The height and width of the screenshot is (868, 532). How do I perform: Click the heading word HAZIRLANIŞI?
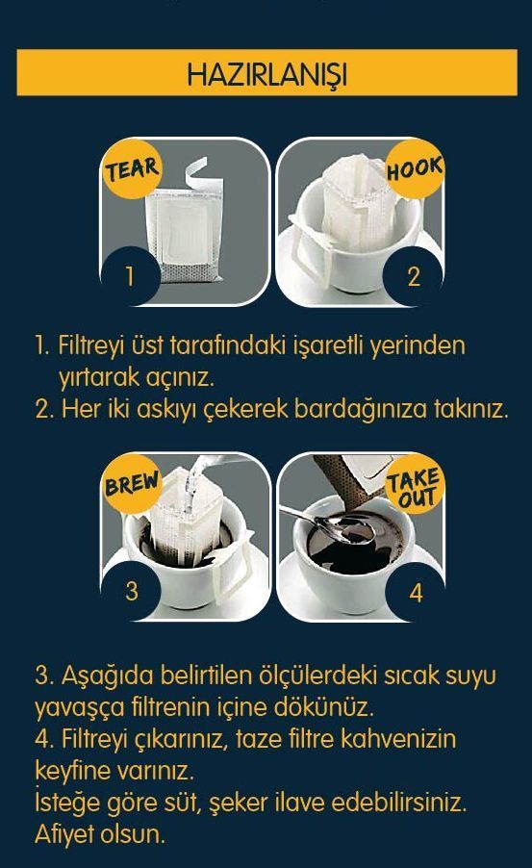(x=266, y=74)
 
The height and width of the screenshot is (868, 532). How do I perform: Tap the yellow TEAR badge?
(x=132, y=168)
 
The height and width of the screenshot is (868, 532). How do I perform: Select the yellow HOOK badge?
(x=415, y=168)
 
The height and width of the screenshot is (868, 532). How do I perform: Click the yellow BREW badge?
(x=132, y=483)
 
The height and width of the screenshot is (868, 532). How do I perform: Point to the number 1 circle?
(x=131, y=275)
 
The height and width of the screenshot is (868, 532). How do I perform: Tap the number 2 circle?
(x=414, y=275)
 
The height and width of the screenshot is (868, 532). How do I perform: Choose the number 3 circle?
(x=131, y=591)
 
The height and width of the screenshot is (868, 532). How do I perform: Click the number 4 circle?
(x=416, y=593)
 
